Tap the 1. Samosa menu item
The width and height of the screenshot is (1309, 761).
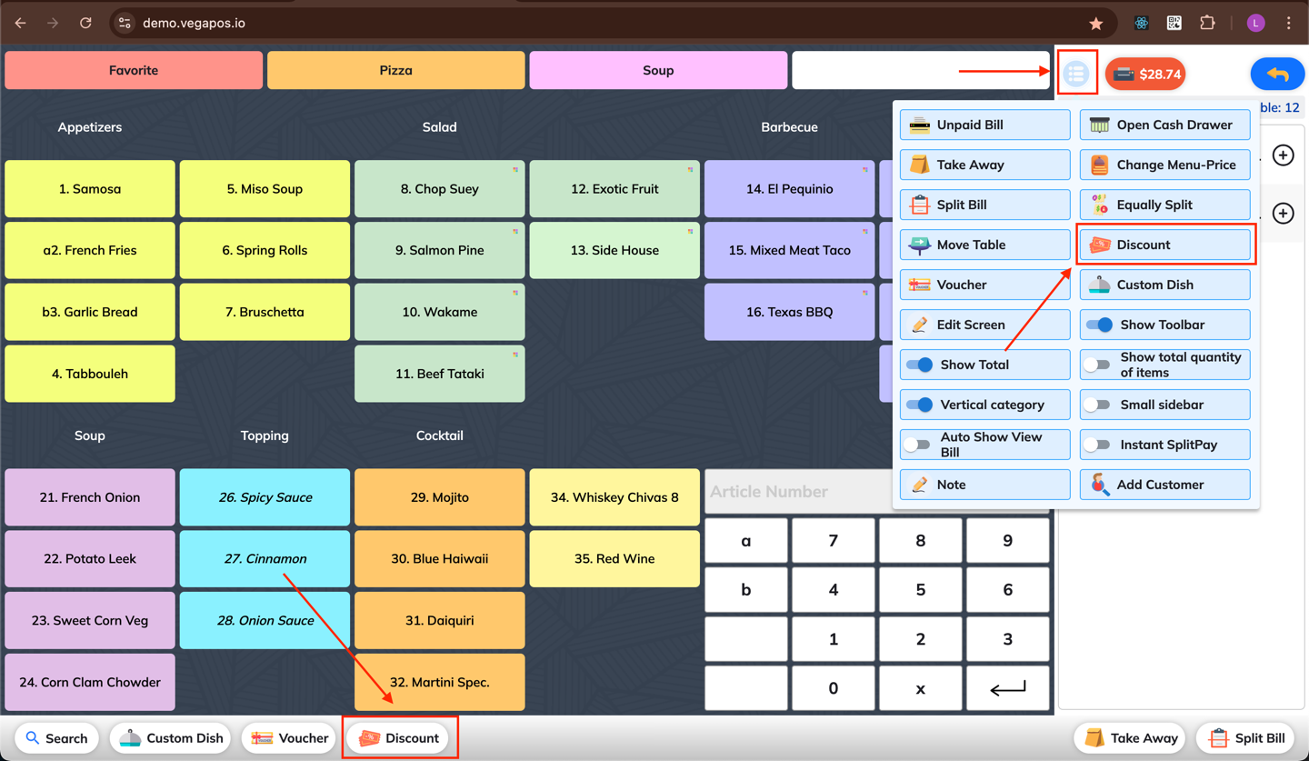[89, 189]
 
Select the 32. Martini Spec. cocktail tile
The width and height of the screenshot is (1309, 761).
[439, 682]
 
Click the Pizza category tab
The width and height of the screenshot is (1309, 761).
[395, 70]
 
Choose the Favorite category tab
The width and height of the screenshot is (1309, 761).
[134, 70]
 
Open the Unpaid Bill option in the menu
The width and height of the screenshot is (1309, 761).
[984, 125]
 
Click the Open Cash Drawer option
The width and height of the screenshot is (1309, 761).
[1164, 125]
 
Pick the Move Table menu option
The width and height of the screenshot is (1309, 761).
[984, 245]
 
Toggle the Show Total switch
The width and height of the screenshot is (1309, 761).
[919, 365]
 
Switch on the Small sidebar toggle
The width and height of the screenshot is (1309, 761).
[1097, 405]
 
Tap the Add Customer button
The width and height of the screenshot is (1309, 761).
[1164, 485]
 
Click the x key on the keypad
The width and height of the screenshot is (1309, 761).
[920, 688]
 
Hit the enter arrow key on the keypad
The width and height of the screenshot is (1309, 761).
[1007, 688]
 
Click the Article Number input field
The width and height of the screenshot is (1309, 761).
[798, 492]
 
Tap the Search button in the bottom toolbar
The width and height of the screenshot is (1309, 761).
[56, 738]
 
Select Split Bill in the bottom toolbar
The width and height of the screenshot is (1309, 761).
[1246, 738]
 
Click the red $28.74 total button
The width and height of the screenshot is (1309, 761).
[1145, 75]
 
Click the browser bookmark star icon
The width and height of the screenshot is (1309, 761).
[1095, 24]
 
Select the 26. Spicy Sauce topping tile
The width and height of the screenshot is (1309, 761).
[265, 497]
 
